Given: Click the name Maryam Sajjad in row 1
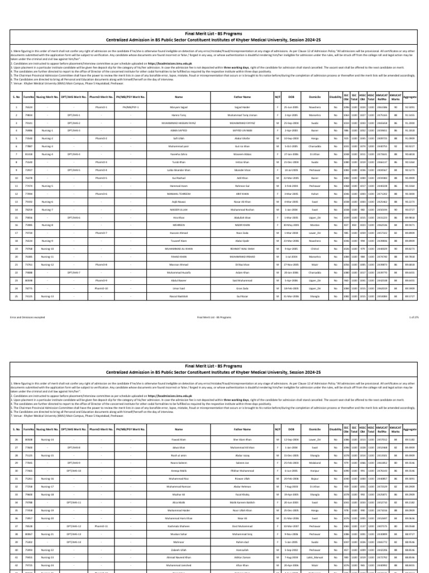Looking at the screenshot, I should [x=179, y=106].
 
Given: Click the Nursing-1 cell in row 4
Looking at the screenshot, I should [x=48, y=130].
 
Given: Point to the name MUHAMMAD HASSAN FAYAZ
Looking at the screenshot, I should [x=179, y=122].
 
